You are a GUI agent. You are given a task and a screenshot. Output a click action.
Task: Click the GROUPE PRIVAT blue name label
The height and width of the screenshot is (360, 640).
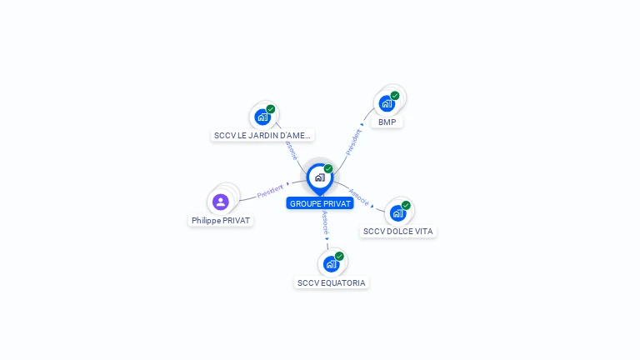[x=320, y=203]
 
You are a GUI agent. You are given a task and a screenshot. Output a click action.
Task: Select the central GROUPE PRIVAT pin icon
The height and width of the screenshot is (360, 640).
[x=319, y=177]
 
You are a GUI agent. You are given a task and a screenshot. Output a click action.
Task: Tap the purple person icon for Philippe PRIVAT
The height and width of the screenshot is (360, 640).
[x=220, y=202]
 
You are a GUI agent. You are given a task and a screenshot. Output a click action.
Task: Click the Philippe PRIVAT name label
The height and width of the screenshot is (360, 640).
[x=221, y=221]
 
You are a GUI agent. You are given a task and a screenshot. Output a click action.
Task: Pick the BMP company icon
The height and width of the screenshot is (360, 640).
[x=387, y=104]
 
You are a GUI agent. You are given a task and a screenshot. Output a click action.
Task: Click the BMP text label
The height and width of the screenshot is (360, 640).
[x=387, y=122]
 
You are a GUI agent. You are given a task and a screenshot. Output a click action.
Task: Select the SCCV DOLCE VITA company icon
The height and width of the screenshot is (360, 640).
[x=397, y=212]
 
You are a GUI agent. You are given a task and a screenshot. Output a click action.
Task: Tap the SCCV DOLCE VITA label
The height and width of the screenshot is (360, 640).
[x=398, y=231]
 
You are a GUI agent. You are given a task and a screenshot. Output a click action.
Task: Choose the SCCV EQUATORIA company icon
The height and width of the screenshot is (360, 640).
[x=331, y=264]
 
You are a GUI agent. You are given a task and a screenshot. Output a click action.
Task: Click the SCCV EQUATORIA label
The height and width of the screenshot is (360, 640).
[x=332, y=282]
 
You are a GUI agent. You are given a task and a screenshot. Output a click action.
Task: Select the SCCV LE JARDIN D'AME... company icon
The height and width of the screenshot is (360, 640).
[x=262, y=117]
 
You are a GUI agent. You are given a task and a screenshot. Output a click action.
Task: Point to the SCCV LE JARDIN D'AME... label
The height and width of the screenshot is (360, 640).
[x=262, y=135]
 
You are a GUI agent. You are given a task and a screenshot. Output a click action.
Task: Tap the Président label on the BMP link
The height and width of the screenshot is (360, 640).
[x=353, y=141]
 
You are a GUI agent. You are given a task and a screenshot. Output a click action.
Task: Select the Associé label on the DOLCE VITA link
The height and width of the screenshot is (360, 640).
[x=359, y=197]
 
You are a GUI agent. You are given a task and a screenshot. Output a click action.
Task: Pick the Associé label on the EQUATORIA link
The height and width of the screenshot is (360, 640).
[x=325, y=223]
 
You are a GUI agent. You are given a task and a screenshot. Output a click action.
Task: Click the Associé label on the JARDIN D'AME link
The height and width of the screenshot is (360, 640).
[x=290, y=150]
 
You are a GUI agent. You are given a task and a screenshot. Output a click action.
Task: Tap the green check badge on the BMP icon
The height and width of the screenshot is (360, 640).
[x=395, y=95]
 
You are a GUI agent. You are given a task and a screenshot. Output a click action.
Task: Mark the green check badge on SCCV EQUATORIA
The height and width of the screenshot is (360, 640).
[x=339, y=256]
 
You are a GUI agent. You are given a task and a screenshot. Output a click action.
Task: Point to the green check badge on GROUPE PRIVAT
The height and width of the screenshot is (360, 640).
[x=328, y=168]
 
